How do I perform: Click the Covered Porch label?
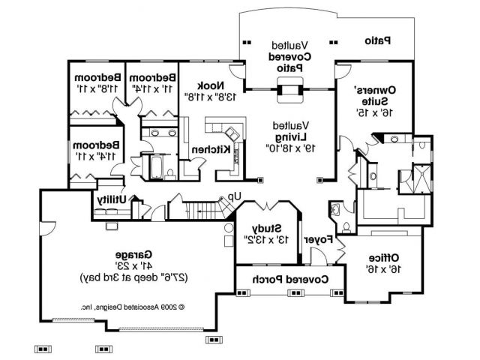point(291,280)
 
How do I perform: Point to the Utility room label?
point(112,199)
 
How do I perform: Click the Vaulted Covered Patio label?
point(289,56)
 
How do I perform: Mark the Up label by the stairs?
point(234,196)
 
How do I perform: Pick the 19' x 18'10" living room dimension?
point(289,148)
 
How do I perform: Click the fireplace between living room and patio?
point(289,92)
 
